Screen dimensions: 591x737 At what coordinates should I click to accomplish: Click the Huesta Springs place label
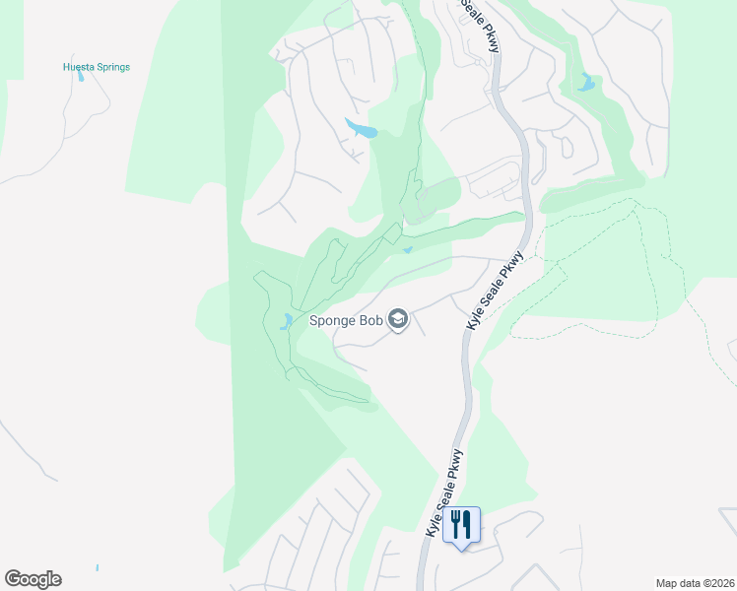pyautogui.click(x=97, y=67)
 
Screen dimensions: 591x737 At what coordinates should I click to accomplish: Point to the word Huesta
pyautogui.click(x=79, y=67)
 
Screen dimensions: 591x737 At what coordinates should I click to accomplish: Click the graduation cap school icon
pyautogui.click(x=398, y=319)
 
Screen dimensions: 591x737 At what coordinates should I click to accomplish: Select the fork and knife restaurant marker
pyautogui.click(x=460, y=523)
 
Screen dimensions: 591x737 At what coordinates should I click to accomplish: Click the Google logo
pyautogui.click(x=33, y=579)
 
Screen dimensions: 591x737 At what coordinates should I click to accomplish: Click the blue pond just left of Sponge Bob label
pyautogui.click(x=286, y=320)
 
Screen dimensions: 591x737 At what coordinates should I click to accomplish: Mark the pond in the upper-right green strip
pyautogui.click(x=587, y=83)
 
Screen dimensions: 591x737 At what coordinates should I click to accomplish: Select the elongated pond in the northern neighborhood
pyautogui.click(x=360, y=129)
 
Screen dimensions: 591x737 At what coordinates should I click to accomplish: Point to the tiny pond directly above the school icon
pyautogui.click(x=407, y=249)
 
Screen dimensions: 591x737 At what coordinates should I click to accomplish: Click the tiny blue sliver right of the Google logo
pyautogui.click(x=98, y=567)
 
